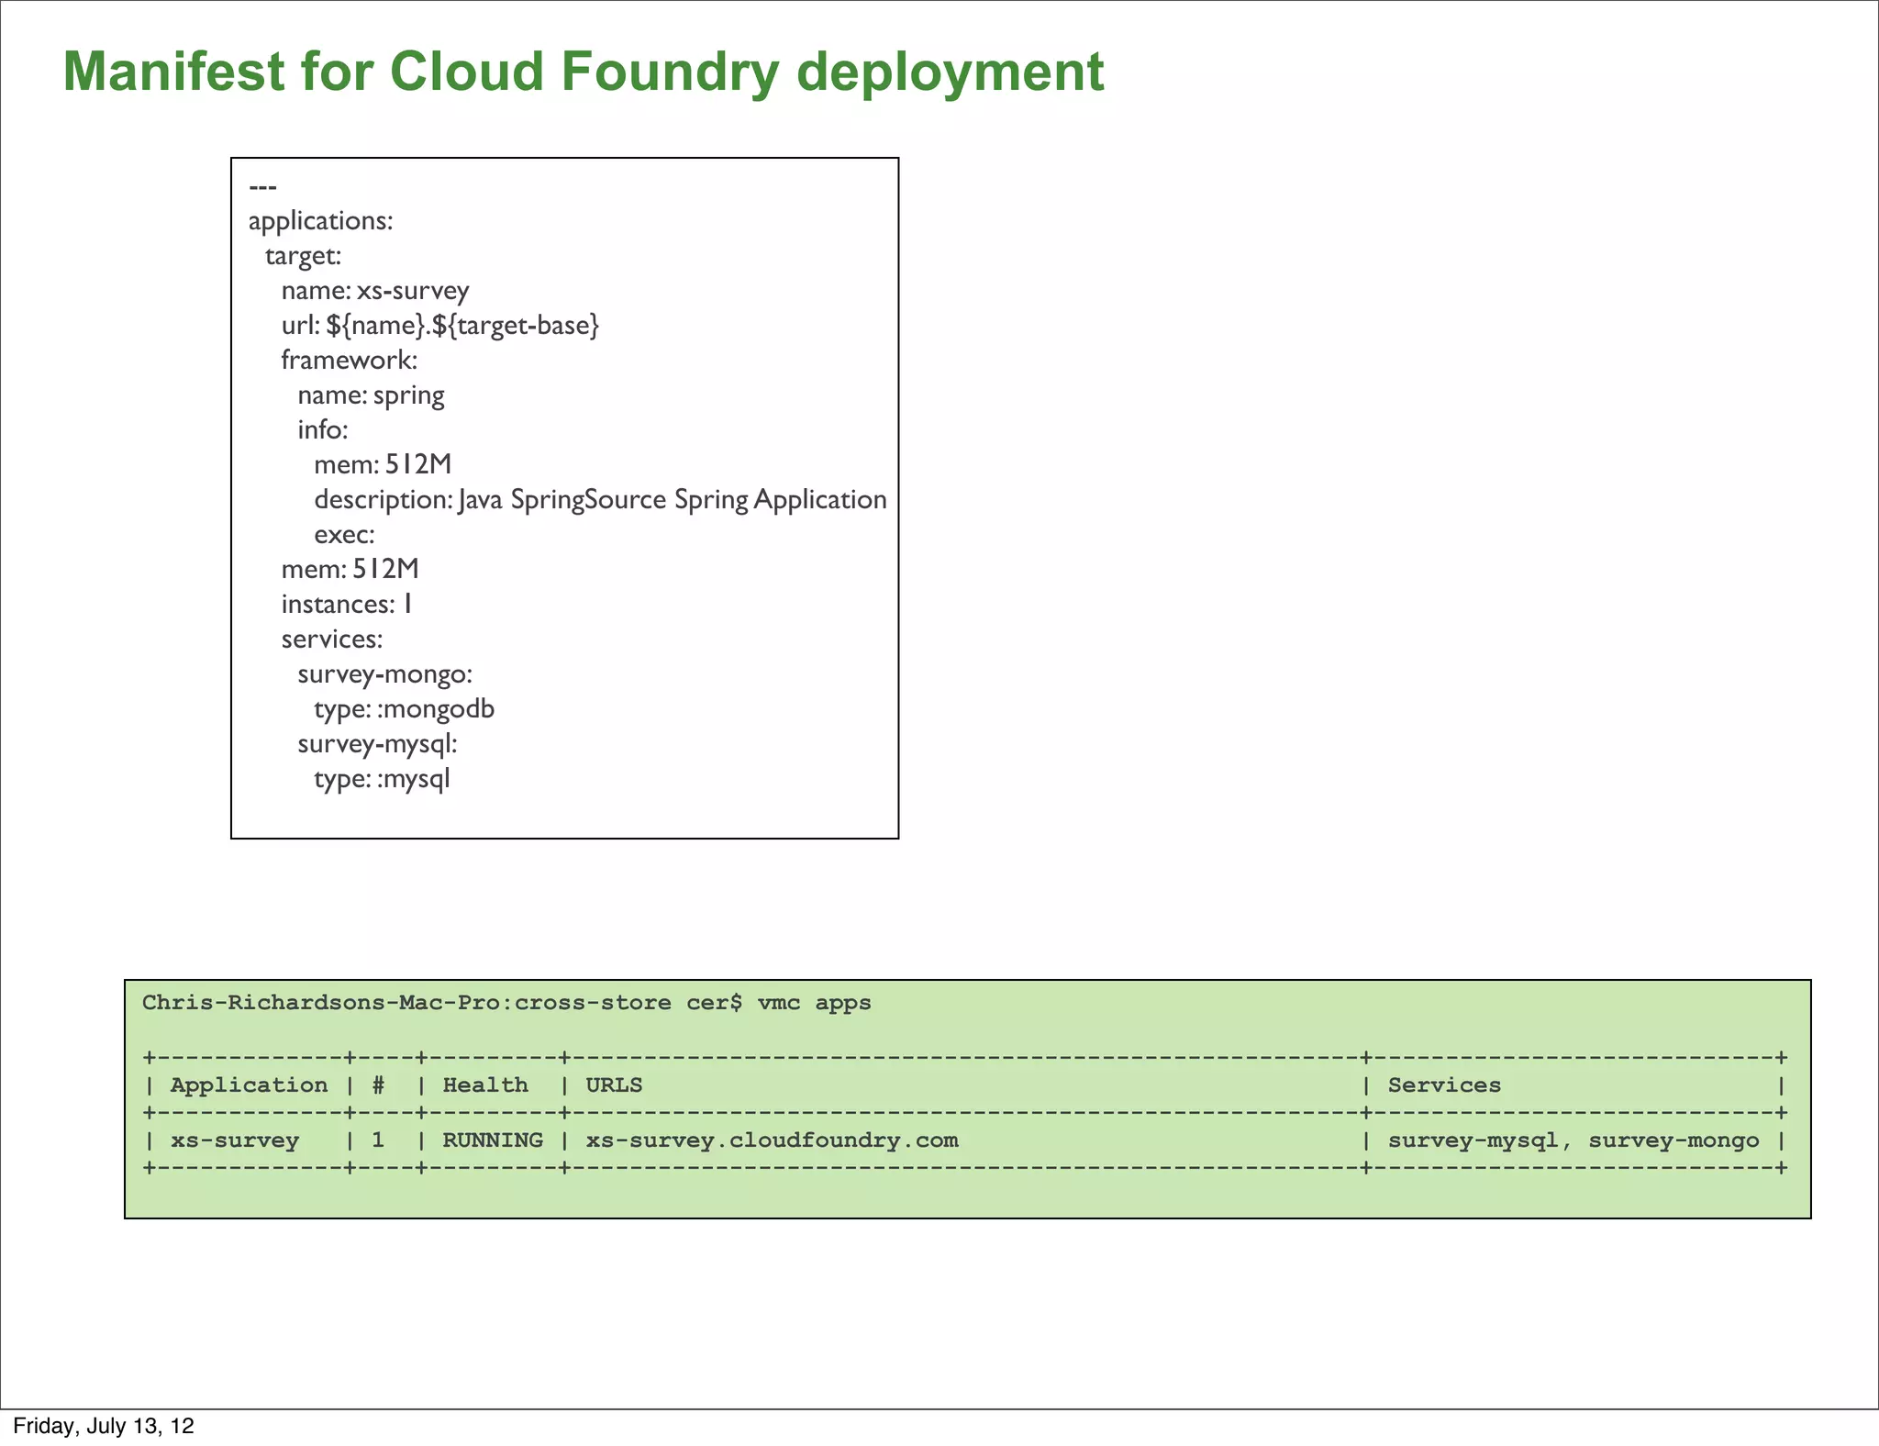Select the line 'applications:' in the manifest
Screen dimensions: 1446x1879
click(x=320, y=221)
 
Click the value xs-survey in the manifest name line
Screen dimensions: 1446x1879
click(x=413, y=291)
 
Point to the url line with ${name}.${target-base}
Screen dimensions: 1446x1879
click(x=439, y=326)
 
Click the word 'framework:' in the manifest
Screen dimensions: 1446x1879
click(x=349, y=360)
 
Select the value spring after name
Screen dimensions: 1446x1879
click(x=408, y=395)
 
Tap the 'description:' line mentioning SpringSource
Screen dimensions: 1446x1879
click(x=600, y=500)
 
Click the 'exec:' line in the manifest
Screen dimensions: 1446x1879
click(x=344, y=535)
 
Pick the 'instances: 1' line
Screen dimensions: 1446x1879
click(x=347, y=605)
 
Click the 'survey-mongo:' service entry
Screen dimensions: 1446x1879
click(x=384, y=674)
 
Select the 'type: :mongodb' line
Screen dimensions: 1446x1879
click(x=404, y=709)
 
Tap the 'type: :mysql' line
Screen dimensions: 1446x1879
click(x=382, y=779)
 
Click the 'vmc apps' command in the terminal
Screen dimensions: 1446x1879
click(x=814, y=1003)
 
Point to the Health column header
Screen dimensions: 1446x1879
click(x=485, y=1085)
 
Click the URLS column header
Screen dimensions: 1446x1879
click(x=614, y=1085)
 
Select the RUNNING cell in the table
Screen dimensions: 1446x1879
click(x=493, y=1140)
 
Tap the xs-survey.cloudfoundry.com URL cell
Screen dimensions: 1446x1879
click(x=772, y=1140)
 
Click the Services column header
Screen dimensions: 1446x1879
click(x=1444, y=1085)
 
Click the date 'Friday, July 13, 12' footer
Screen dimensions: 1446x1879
click(x=104, y=1426)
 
